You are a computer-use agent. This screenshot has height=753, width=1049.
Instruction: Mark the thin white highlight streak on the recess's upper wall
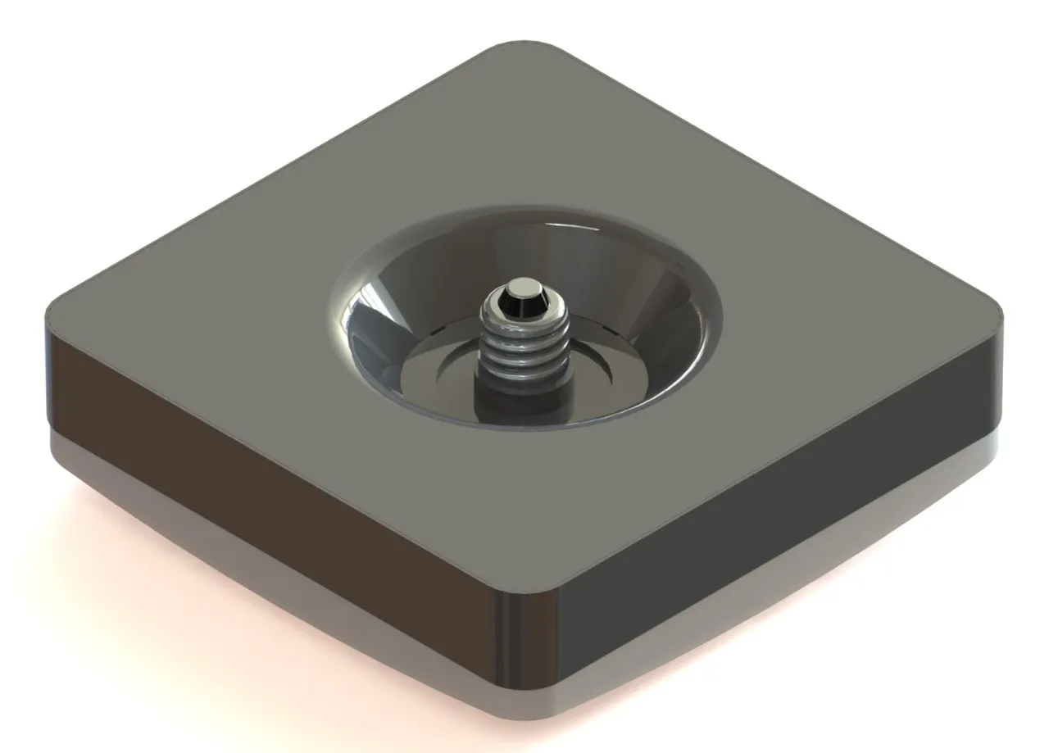coord(565,225)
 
